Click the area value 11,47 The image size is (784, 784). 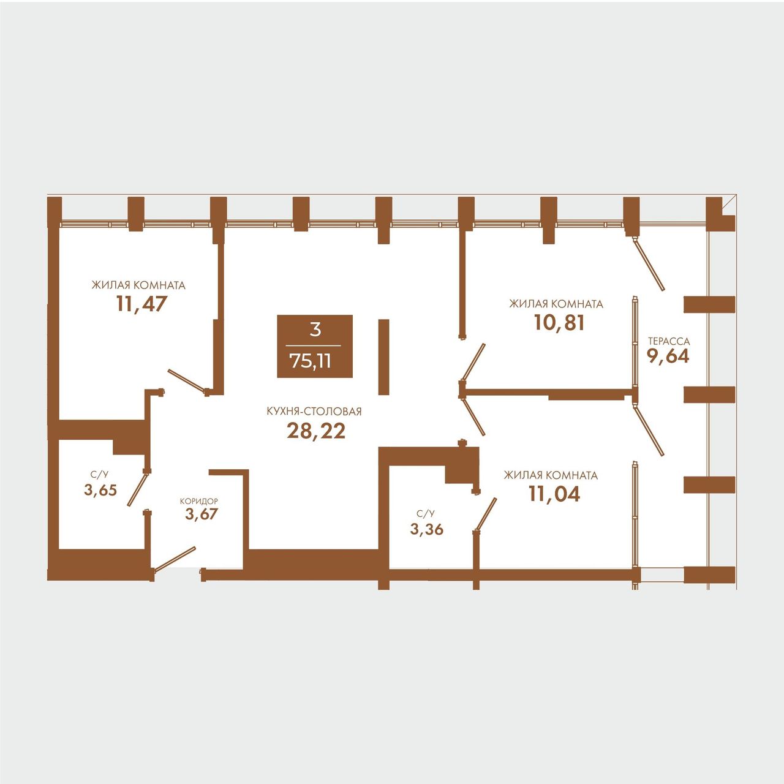coord(142,304)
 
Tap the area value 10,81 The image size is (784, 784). coord(559,323)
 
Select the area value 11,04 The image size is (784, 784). coord(554,494)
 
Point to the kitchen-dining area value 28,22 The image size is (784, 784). coord(316,431)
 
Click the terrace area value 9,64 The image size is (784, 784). coord(668,356)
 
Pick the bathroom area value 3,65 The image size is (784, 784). coord(100,490)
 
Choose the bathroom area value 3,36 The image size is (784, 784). coord(427,529)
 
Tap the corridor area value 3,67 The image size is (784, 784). coord(202,514)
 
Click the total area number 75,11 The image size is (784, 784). coord(311,361)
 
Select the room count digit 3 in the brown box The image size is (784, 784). coord(315,330)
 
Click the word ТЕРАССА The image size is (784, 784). coord(669,341)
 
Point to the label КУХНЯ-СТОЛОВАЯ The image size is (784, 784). coord(314,412)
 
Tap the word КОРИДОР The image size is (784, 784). coord(199,502)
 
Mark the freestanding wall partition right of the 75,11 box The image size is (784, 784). coord(383,357)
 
